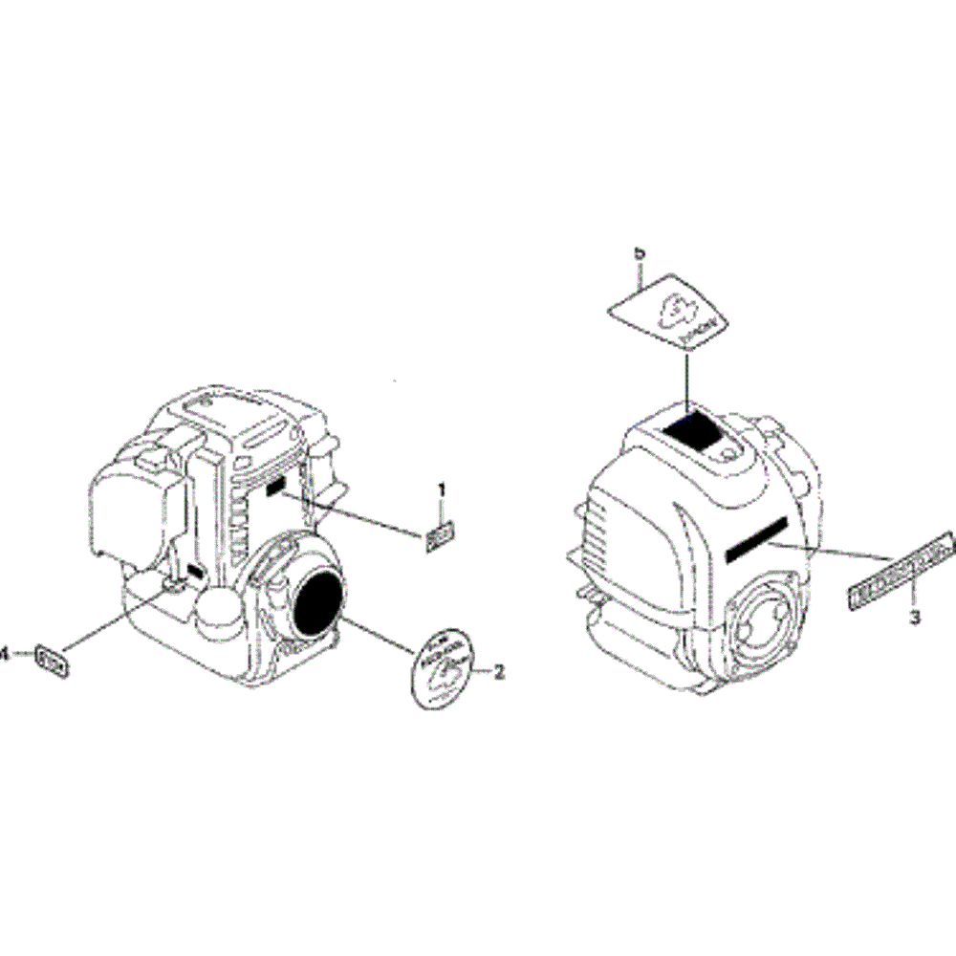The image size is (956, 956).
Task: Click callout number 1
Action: tap(442, 490)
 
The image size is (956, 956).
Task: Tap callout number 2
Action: tap(499, 672)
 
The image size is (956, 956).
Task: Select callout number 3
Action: tap(914, 618)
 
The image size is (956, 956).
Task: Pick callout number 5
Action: tap(641, 253)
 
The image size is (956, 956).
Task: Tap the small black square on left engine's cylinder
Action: tap(276, 489)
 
